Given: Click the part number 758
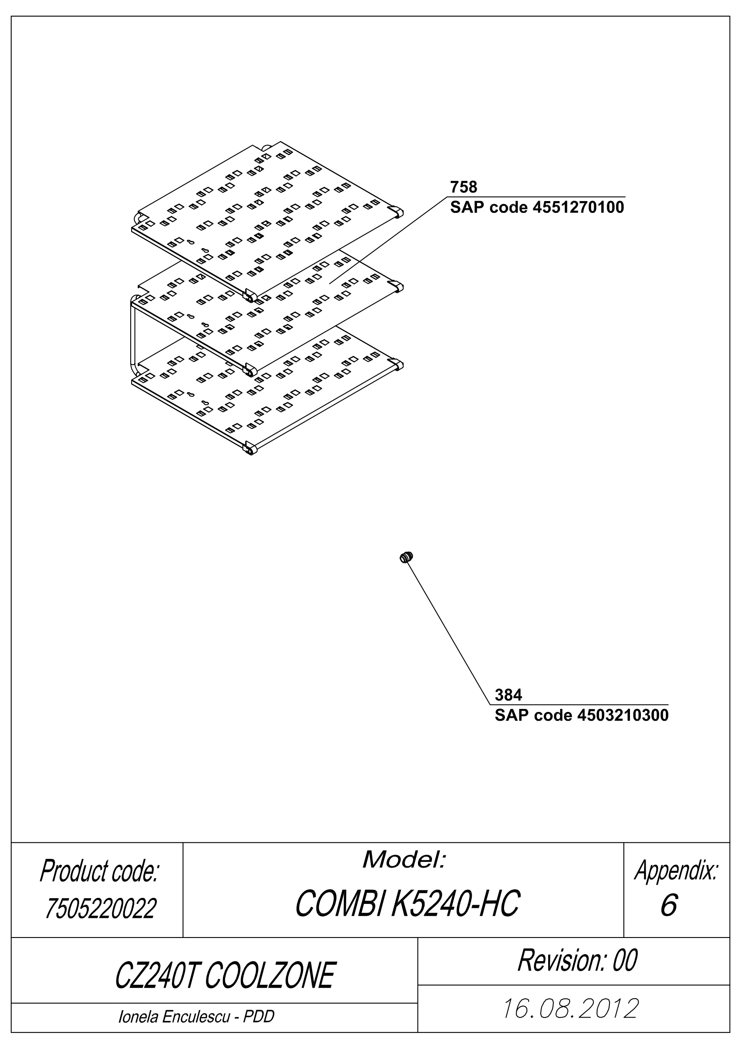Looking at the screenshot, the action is pos(463,187).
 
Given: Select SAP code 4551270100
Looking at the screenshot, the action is pos(537,208).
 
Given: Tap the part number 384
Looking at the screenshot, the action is pos(508,695).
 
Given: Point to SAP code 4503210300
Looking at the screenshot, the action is pos(581,715).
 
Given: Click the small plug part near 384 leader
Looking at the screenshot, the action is pos(406,557).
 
